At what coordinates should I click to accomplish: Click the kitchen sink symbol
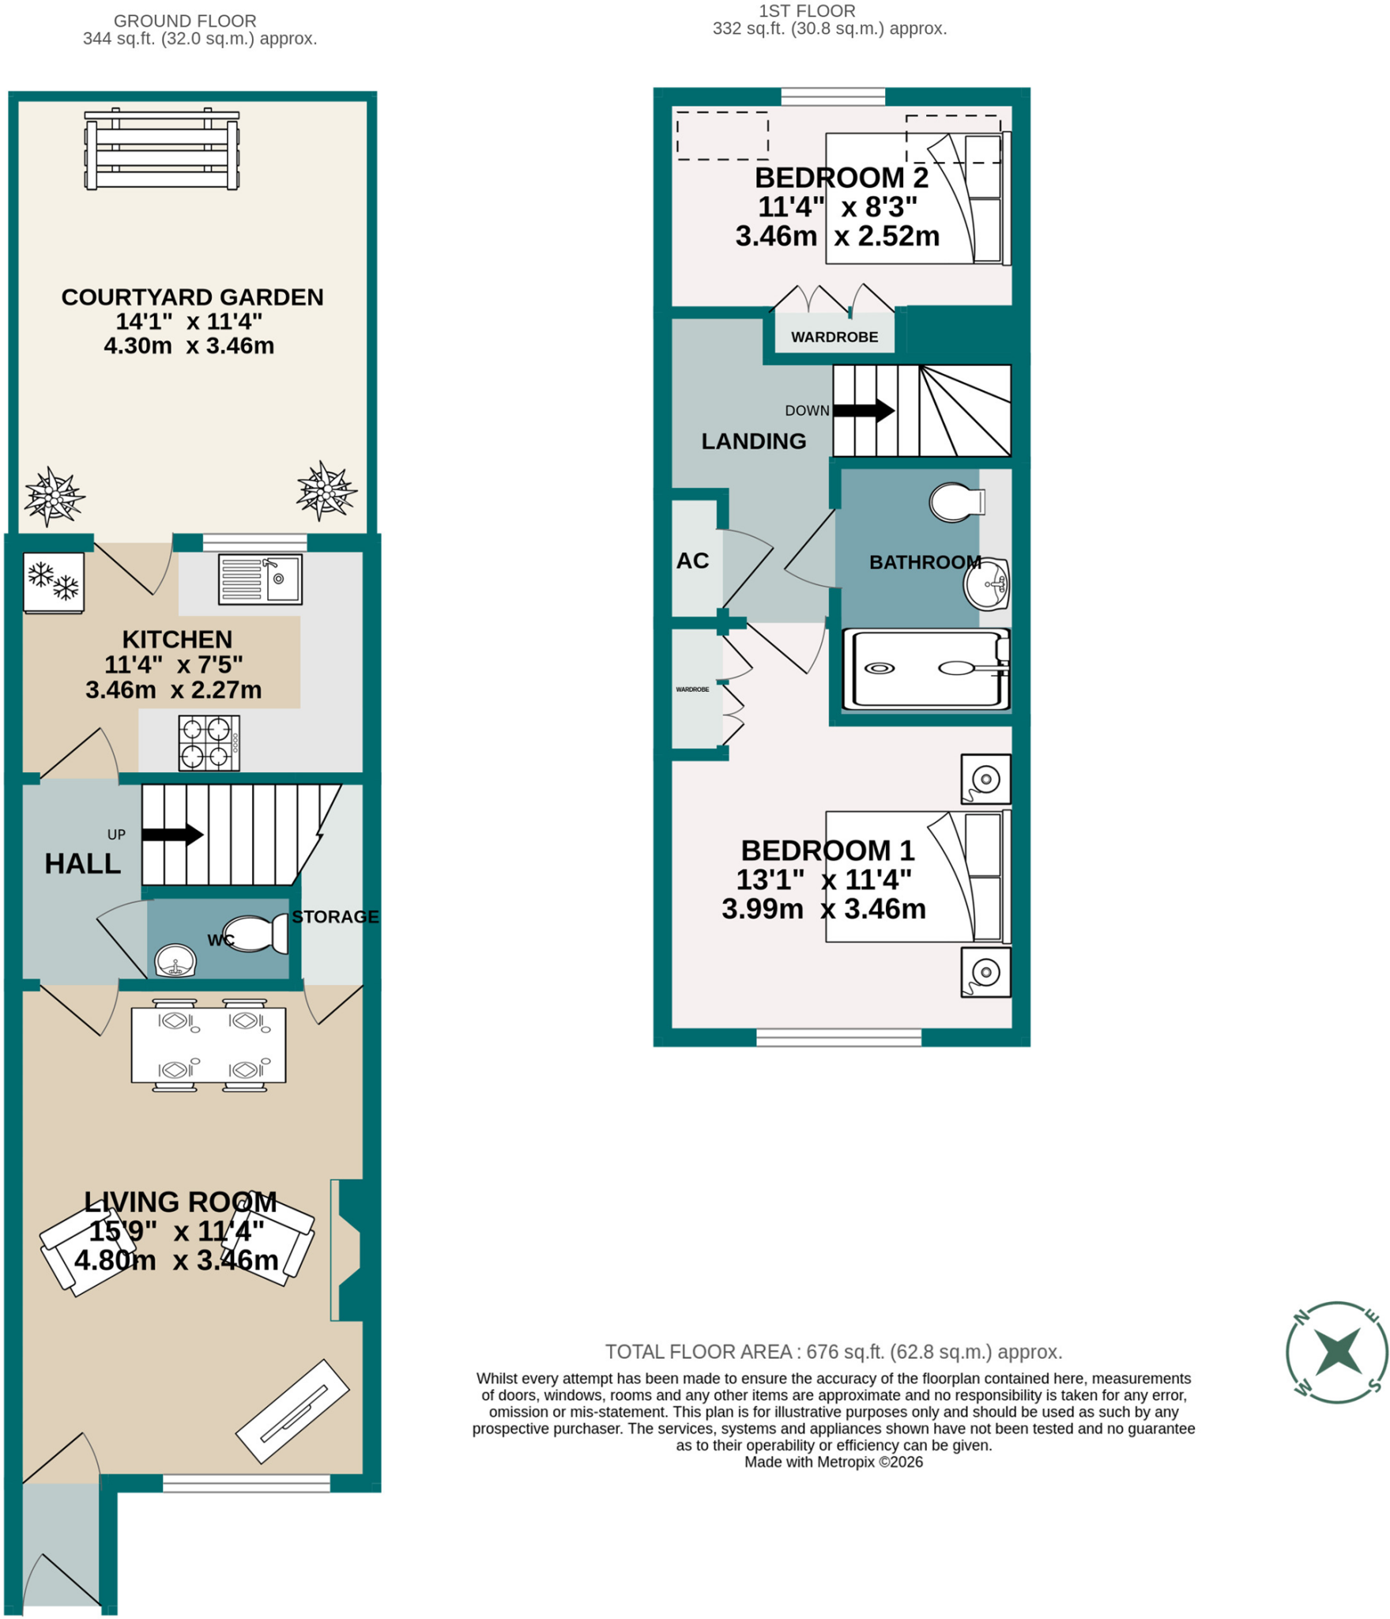[260, 579]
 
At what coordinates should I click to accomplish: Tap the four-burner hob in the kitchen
[209, 743]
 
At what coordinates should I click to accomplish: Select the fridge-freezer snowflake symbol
[54, 583]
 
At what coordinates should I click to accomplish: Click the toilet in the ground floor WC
[256, 934]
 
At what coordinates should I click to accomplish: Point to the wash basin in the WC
[175, 960]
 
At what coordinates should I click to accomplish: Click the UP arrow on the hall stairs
[172, 834]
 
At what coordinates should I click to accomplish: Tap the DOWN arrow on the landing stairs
[864, 410]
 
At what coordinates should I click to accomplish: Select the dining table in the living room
[209, 1045]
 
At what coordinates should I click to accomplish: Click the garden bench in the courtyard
[162, 149]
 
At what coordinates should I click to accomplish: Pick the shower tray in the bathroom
[926, 669]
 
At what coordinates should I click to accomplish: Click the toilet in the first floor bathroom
[957, 502]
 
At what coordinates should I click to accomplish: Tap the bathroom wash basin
[987, 584]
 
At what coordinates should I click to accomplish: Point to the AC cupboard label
[692, 560]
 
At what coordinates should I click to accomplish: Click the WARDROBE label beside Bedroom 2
[834, 337]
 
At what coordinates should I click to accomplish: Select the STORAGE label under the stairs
[335, 916]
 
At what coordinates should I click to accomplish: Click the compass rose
[1336, 1352]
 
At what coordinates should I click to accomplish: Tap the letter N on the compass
[1301, 1316]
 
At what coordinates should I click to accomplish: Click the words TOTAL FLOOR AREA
[699, 1351]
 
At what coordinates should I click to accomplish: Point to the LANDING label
[754, 441]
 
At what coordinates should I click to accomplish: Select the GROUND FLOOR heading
[185, 21]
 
